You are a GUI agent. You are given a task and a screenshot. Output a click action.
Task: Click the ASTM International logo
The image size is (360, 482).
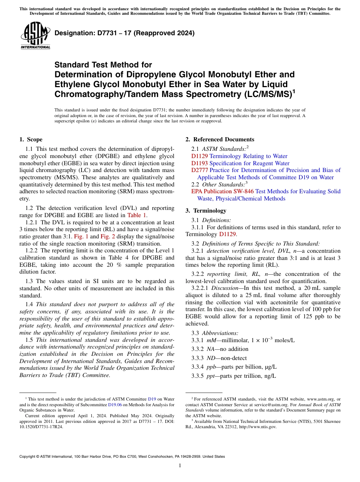(x=35, y=36)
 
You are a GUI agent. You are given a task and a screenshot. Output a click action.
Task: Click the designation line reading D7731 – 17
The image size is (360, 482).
(x=125, y=33)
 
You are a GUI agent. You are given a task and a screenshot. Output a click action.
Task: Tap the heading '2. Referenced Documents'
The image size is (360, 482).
(x=220, y=139)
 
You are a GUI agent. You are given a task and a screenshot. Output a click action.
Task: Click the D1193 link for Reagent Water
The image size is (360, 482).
(x=200, y=163)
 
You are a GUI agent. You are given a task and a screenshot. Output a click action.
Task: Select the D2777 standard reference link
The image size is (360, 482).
(x=200, y=170)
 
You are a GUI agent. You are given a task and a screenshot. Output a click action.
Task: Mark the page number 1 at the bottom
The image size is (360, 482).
(x=180, y=465)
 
